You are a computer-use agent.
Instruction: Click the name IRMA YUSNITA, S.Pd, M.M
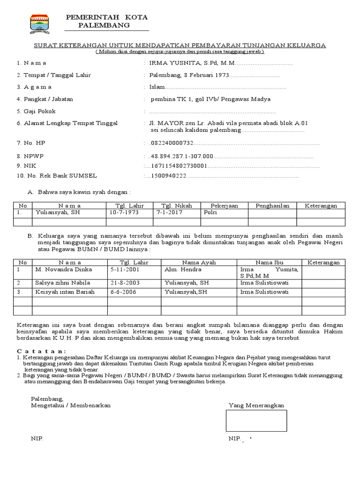click(x=191, y=63)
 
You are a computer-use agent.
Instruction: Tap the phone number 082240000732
click(x=171, y=143)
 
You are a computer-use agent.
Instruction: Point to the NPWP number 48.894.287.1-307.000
click(x=181, y=156)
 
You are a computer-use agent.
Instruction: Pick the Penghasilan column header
click(x=272, y=205)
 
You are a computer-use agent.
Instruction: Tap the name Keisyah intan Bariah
click(x=65, y=292)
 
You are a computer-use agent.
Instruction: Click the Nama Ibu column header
click(x=269, y=262)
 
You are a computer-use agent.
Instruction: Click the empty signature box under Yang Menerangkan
click(x=256, y=420)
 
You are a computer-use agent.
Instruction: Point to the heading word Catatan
click(x=41, y=351)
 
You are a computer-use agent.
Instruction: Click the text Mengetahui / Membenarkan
click(x=71, y=405)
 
